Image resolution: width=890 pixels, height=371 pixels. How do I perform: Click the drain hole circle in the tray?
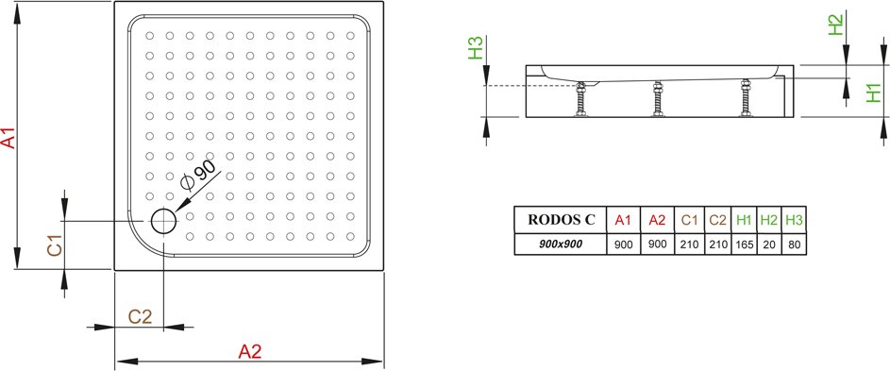coord(164,220)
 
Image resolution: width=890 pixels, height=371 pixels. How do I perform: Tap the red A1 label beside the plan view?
coord(8,138)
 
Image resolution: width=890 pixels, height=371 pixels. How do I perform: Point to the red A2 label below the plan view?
coord(250,352)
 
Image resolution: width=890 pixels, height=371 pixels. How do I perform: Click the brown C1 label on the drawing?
coord(55,248)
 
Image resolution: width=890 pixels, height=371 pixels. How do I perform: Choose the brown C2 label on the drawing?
coord(141,316)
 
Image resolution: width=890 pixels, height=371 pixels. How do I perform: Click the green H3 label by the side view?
coord(475,48)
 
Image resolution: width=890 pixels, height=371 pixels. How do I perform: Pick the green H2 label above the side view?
coord(836,25)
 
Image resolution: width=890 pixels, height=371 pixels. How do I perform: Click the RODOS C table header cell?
coord(561,220)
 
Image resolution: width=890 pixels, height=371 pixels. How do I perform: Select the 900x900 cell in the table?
coord(561,245)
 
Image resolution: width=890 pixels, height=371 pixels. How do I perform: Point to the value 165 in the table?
coord(744,245)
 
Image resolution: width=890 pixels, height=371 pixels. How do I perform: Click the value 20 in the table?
coord(769,245)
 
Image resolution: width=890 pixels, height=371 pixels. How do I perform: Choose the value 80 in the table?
coord(794,245)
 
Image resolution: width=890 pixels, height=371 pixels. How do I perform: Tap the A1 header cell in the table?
coord(623,220)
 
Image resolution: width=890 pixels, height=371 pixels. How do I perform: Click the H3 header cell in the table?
coord(794,220)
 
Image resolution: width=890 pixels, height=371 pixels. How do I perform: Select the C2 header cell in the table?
coord(718,220)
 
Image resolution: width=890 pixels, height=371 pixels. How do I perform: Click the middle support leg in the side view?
coord(658,99)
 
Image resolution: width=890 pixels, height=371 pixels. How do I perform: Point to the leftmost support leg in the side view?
coord(580,99)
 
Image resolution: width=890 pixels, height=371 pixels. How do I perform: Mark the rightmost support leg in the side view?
coord(746,98)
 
